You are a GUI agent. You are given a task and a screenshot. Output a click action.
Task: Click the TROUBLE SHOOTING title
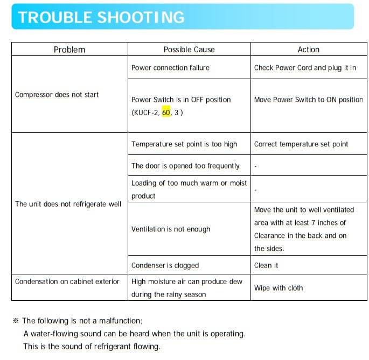[101, 17]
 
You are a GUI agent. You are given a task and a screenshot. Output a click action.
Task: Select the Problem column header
[69, 50]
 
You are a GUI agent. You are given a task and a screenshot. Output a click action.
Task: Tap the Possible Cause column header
[189, 50]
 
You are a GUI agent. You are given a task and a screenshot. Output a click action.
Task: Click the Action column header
[309, 50]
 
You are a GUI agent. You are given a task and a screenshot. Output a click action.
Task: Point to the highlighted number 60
[166, 112]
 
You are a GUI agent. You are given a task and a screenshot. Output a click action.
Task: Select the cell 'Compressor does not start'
[57, 95]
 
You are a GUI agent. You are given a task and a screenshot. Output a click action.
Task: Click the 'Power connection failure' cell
[170, 68]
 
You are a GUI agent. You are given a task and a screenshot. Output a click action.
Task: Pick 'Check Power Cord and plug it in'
[305, 68]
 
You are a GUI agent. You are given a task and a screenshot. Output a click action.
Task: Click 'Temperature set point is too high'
[184, 144]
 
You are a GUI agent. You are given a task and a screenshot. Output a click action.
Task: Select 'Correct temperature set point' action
[301, 144]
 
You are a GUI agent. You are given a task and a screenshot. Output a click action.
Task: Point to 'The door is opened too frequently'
[185, 166]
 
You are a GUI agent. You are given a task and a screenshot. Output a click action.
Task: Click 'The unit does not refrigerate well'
[68, 204]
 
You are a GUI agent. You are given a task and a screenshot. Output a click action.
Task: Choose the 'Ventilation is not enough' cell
[171, 229]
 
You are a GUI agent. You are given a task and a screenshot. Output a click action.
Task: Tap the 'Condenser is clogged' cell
[165, 265]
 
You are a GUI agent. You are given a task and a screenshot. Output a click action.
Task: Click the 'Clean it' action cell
[266, 265]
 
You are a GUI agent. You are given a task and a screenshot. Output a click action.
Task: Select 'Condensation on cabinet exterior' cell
[67, 281]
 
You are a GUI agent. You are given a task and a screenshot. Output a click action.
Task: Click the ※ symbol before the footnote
[15, 321]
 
